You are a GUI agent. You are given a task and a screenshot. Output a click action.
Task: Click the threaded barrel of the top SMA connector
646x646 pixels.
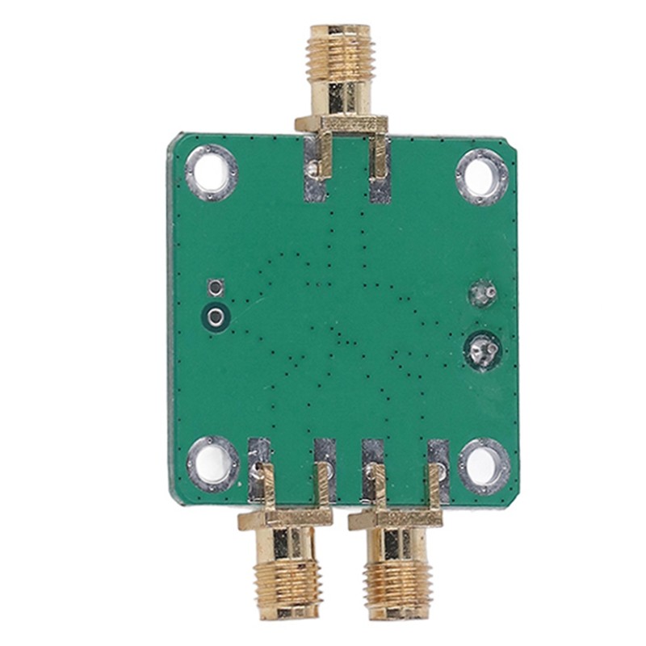tap(339, 50)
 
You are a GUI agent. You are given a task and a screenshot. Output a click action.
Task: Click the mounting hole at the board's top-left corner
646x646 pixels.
tap(212, 171)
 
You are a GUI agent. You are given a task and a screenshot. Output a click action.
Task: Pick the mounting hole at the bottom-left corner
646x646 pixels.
tap(213, 464)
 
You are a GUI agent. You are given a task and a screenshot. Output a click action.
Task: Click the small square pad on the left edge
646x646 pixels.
tap(215, 287)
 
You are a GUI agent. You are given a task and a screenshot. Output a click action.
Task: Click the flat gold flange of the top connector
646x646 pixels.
tap(341, 124)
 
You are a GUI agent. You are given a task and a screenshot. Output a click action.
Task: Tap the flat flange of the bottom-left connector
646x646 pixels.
tap(283, 521)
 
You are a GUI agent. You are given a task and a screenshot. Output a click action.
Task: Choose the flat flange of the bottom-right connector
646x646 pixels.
tap(395, 521)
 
